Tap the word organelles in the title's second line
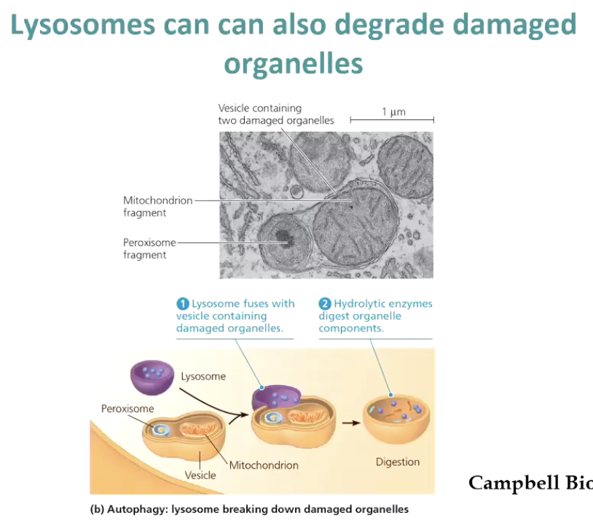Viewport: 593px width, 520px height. point(294,64)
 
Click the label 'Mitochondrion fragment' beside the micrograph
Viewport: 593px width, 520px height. point(157,207)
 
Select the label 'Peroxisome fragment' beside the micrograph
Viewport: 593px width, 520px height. point(149,248)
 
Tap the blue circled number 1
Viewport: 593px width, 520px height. point(183,304)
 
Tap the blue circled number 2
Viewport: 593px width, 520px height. point(326,304)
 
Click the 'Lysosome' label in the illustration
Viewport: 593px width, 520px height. point(203,377)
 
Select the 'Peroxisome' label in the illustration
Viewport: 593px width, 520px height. point(128,409)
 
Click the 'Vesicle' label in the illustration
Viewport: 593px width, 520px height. point(200,475)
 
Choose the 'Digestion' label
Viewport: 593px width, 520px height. point(398,462)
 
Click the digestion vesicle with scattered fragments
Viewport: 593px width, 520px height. point(397,419)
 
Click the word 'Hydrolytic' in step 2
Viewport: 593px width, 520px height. point(358,304)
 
